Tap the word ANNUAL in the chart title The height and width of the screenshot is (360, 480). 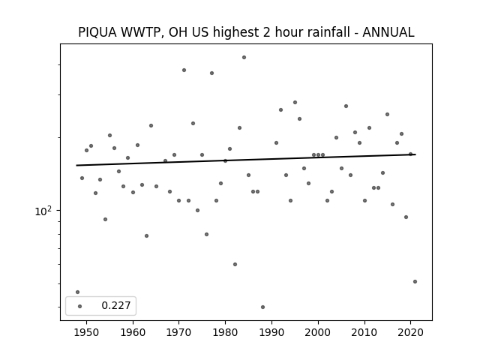click(x=388, y=32)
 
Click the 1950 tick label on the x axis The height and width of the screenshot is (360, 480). click(x=87, y=332)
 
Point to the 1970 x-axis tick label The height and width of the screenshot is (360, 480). click(x=179, y=332)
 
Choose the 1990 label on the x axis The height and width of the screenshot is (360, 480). click(x=271, y=332)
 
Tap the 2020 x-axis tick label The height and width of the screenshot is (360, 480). click(x=411, y=332)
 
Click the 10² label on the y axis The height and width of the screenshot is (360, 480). click(x=43, y=211)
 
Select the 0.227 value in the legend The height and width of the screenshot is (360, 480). click(x=116, y=305)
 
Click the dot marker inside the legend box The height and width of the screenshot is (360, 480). click(x=80, y=306)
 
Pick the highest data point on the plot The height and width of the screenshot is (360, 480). click(x=244, y=57)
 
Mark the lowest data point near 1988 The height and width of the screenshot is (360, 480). click(x=262, y=307)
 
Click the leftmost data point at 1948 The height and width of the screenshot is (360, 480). click(x=77, y=292)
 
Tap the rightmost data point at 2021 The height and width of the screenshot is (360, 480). click(x=415, y=282)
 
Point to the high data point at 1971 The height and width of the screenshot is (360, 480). click(x=184, y=70)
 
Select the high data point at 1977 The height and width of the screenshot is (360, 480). click(x=211, y=73)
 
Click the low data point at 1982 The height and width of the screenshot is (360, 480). click(x=235, y=264)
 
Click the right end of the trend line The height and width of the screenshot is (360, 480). click(x=415, y=154)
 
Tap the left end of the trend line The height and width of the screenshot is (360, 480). click(x=76, y=165)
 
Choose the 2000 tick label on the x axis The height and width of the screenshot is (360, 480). click(x=318, y=332)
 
